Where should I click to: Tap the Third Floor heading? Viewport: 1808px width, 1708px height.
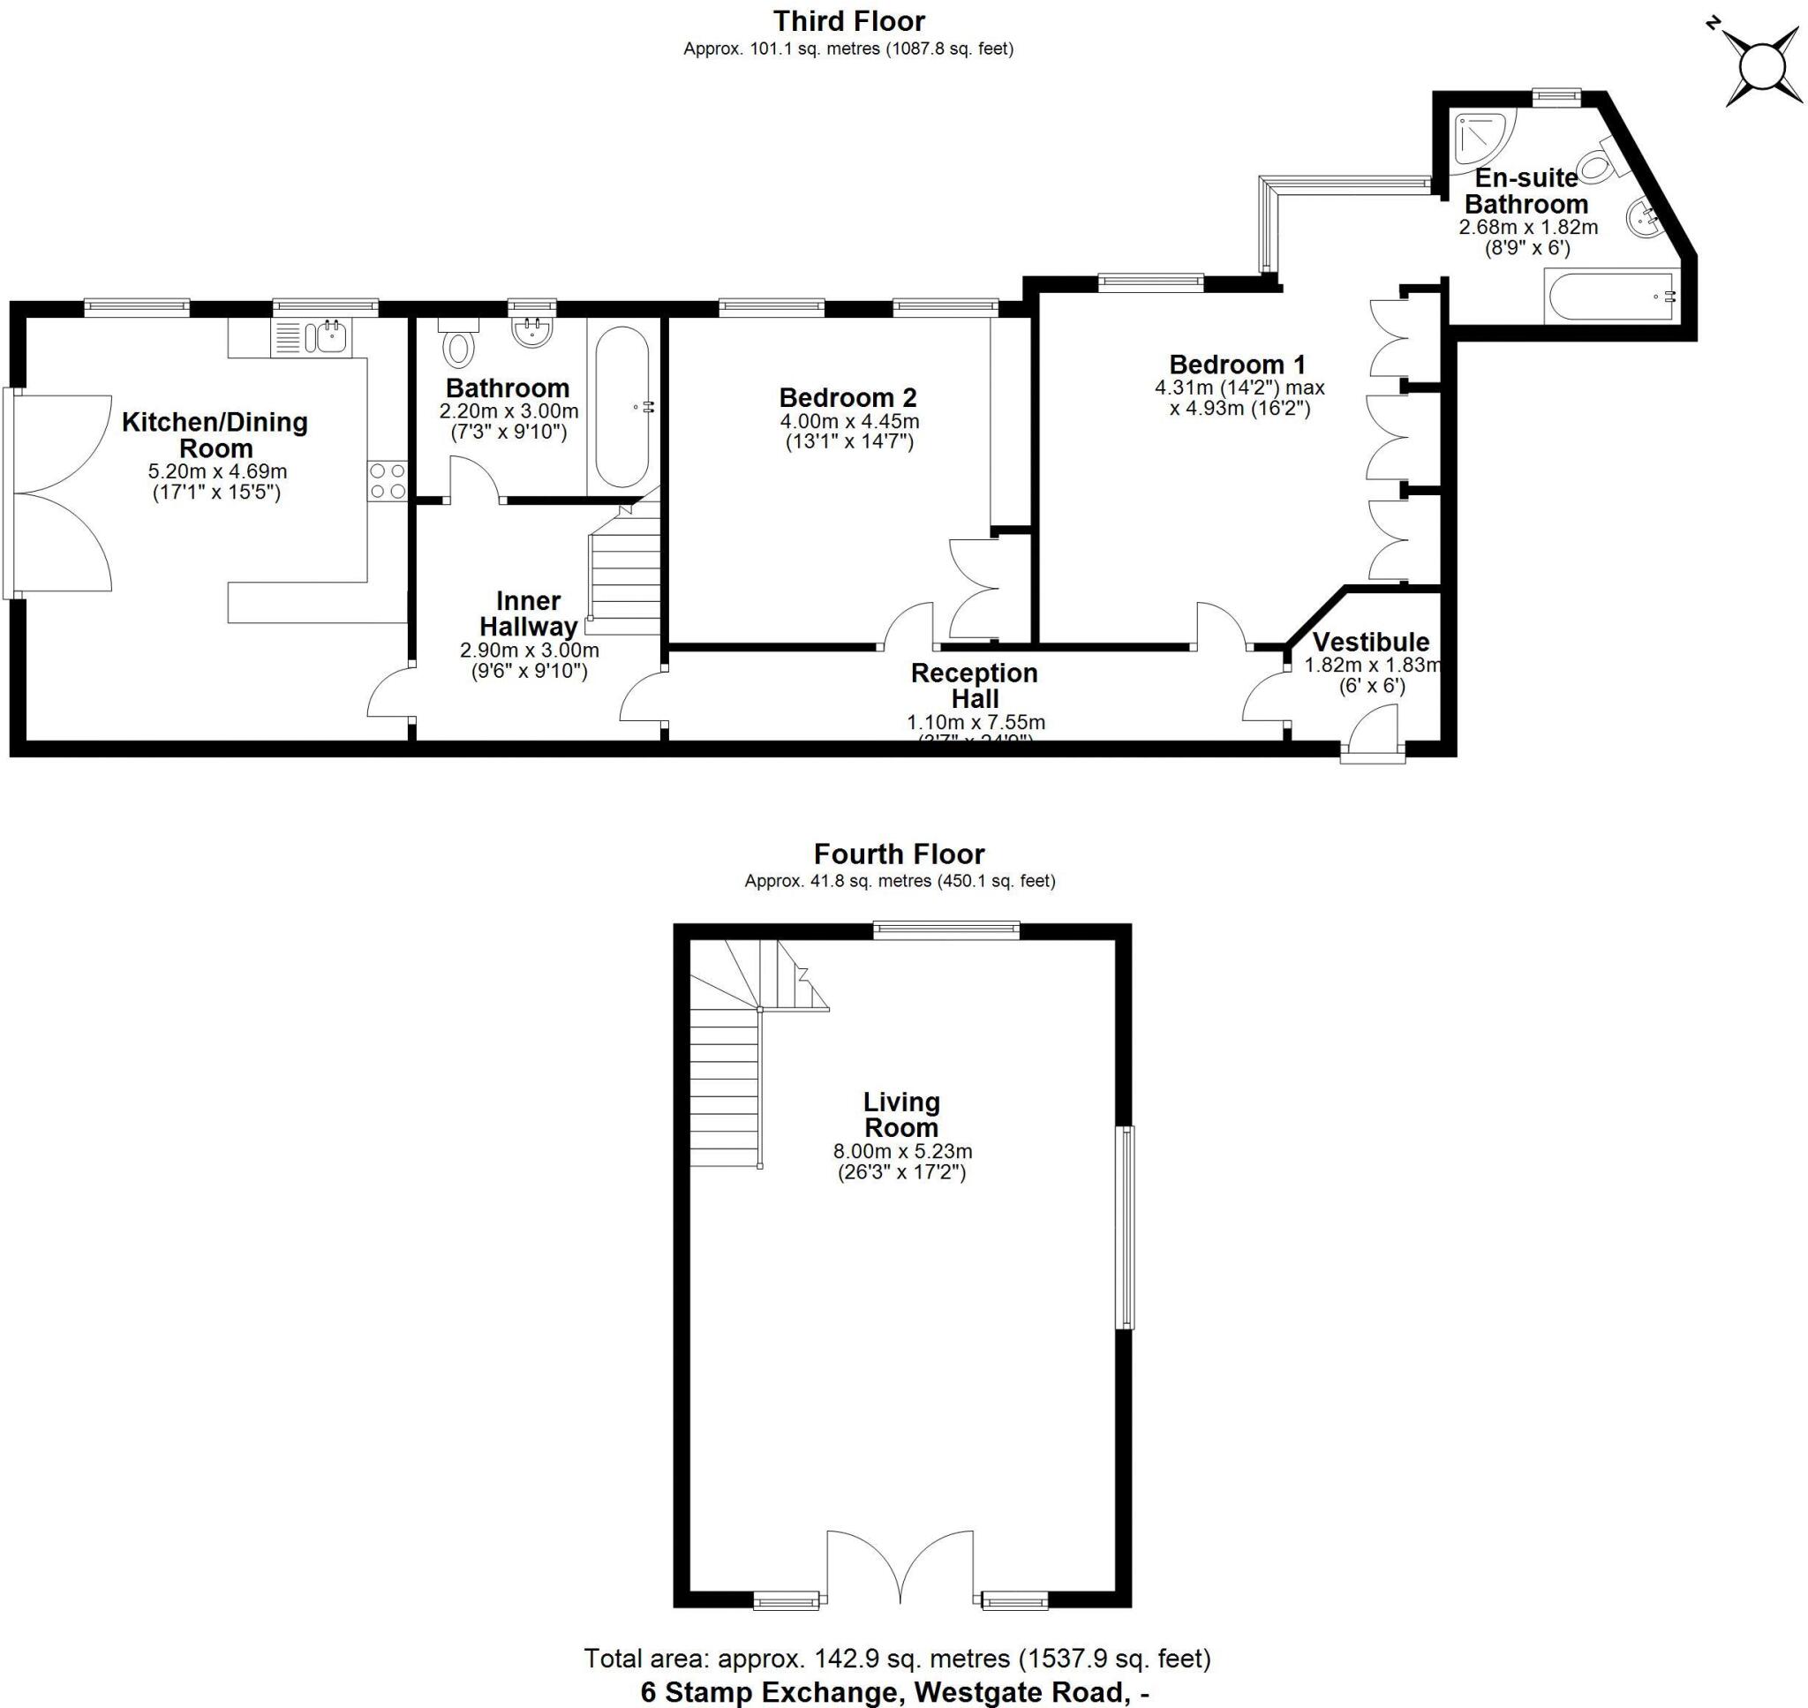848,21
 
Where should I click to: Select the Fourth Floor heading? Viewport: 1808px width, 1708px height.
899,854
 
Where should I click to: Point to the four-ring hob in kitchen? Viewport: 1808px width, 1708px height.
388,481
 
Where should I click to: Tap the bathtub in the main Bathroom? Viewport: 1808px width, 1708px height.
622,407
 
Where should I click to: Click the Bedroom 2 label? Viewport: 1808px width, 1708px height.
847,398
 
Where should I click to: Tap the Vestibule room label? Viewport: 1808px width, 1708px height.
1371,642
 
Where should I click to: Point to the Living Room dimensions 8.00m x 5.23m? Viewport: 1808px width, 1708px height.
902,1152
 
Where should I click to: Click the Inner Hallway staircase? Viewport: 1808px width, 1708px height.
624,574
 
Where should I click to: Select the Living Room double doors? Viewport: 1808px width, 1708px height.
900,1567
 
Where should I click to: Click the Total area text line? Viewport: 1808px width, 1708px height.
897,1659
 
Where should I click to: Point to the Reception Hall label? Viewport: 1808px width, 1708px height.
974,686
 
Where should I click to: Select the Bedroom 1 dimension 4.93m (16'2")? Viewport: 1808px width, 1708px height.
1240,408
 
